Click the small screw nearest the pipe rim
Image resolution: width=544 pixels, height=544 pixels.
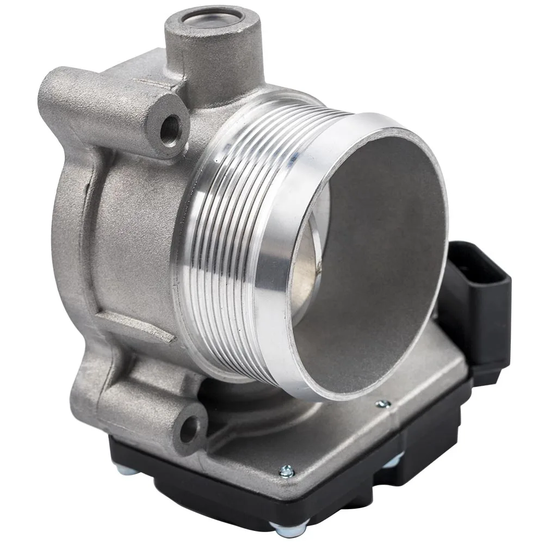(383, 404)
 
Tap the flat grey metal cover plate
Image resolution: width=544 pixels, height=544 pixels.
(348, 435)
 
